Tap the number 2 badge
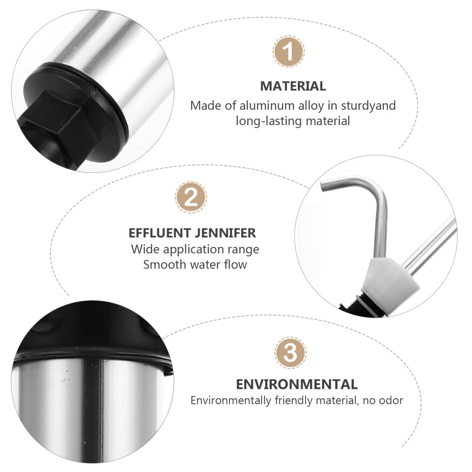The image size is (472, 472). point(191,197)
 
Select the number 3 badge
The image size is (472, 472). point(290,352)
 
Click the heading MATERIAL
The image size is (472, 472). point(293,86)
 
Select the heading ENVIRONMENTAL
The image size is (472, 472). point(296,384)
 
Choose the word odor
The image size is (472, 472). point(390,401)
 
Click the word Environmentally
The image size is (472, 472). point(231,401)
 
